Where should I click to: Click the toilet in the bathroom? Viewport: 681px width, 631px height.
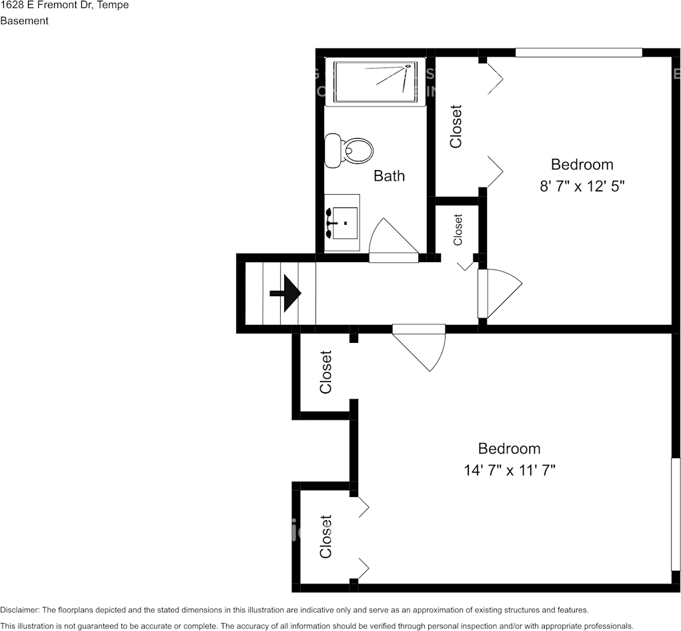(350, 151)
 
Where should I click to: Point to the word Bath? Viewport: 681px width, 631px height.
(389, 176)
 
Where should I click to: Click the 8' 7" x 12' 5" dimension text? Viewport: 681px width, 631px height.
(582, 187)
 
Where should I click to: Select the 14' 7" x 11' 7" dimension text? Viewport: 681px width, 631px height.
(510, 471)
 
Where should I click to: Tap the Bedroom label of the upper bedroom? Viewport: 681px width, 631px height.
(582, 164)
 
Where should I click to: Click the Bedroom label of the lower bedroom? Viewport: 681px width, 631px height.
(510, 449)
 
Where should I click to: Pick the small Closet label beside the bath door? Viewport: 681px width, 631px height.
(458, 229)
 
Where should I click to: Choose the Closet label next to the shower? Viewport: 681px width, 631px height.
(456, 126)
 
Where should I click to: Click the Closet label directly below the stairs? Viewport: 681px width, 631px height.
(325, 372)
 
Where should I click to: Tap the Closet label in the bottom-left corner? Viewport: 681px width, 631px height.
(325, 536)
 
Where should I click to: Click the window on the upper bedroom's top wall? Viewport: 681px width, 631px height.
(578, 53)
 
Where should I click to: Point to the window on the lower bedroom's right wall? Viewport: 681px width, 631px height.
(676, 514)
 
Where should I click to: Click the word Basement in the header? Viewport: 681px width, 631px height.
(25, 21)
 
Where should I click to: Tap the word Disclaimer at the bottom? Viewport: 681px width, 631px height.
(19, 610)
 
